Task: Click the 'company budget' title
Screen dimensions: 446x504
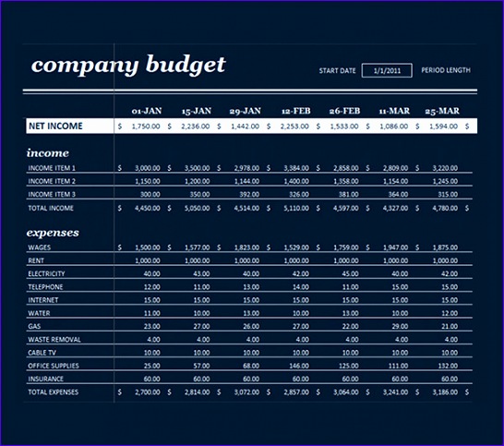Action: click(127, 66)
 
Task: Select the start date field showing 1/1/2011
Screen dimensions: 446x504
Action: click(387, 70)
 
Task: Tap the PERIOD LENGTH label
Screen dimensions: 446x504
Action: click(446, 70)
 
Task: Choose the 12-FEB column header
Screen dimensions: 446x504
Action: click(295, 110)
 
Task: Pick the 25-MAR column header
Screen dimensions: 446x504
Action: click(442, 110)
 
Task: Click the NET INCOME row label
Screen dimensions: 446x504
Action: click(55, 126)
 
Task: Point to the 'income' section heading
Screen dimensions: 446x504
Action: click(48, 152)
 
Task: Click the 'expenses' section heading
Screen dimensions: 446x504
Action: click(53, 233)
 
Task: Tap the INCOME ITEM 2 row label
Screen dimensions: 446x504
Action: click(52, 182)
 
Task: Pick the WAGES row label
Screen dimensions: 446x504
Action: click(40, 248)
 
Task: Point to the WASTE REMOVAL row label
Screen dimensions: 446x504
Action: click(54, 340)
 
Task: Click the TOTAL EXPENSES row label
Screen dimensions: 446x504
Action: click(54, 392)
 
